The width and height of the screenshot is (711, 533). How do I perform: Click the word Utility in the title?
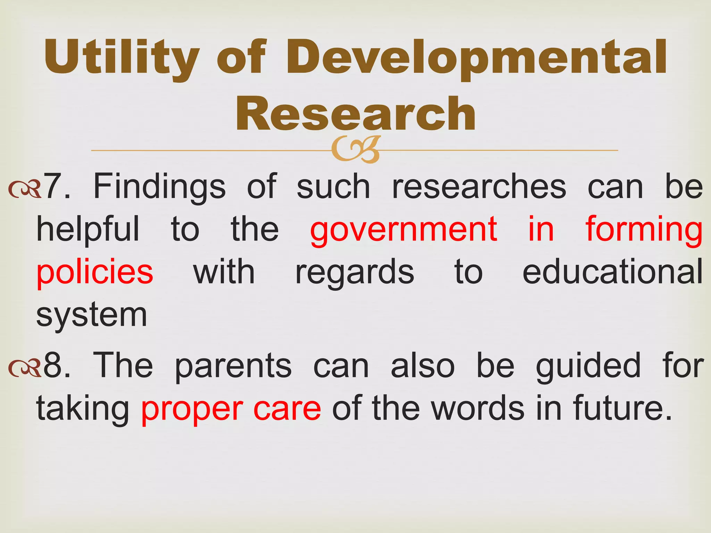click(x=121, y=57)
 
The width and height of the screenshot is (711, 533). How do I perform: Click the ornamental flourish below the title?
click(x=355, y=150)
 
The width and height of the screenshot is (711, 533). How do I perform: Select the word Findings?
click(x=159, y=187)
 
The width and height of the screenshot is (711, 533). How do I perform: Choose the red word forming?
click(x=644, y=230)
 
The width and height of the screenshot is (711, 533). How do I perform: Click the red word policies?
click(x=95, y=272)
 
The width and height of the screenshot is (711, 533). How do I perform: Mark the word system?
click(x=92, y=315)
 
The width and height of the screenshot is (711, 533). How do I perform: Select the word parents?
click(x=233, y=366)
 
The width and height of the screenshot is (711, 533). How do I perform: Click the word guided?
click(x=588, y=366)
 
